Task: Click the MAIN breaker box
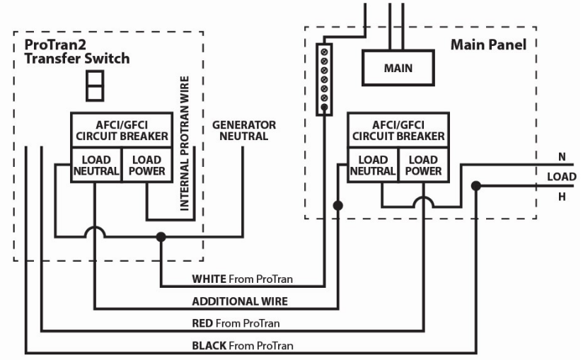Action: tap(398, 69)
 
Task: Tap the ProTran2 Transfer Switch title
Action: tap(76, 52)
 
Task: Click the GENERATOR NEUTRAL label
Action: tap(244, 130)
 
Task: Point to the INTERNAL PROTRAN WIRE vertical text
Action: tap(185, 144)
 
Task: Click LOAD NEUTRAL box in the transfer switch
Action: tap(96, 165)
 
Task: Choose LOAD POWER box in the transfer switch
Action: tap(146, 165)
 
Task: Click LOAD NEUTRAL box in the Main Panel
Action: tap(372, 165)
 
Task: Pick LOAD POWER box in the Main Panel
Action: tap(423, 165)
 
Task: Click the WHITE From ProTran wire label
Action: tap(242, 279)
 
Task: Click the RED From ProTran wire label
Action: tap(236, 323)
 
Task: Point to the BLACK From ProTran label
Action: tap(243, 345)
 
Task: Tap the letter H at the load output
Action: tap(562, 197)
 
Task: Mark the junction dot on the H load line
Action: tap(476, 187)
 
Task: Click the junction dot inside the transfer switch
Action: tap(161, 238)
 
